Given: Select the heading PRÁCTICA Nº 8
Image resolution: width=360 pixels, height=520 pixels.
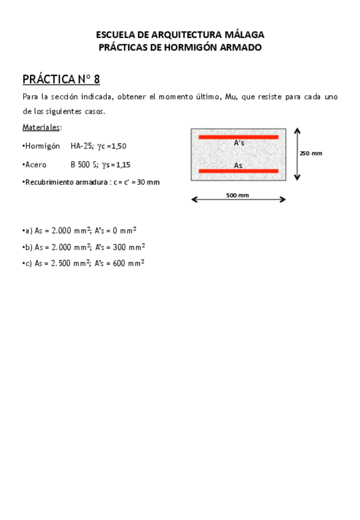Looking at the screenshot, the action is [61, 79].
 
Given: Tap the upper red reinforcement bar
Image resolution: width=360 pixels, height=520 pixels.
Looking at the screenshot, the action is [238, 137].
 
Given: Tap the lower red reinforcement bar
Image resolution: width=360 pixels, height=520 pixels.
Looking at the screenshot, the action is [238, 171].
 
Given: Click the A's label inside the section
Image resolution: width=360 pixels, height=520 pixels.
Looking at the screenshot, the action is [239, 143].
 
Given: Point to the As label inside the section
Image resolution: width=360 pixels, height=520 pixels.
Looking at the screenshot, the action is [238, 165].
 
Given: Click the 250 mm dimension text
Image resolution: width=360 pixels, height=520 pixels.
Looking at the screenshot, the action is [310, 153].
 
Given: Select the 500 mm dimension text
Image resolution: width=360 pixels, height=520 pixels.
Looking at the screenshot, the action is [237, 195].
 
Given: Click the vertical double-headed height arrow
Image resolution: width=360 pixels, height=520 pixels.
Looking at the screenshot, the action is [297, 154].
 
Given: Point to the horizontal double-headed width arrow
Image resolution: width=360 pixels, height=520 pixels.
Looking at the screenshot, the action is [238, 200].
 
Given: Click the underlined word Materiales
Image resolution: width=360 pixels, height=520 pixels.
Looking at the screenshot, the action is [42, 128].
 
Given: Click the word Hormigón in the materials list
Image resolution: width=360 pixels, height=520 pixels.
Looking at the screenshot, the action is [42, 146].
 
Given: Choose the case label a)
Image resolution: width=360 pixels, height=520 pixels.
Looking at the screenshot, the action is [27, 231].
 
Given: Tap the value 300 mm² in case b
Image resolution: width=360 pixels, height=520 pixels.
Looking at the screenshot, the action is [129, 247].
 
